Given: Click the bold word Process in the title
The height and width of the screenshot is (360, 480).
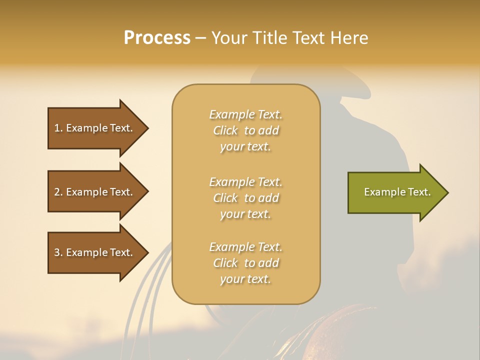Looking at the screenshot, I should (x=157, y=38).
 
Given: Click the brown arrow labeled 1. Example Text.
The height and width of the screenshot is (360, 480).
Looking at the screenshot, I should (x=95, y=128).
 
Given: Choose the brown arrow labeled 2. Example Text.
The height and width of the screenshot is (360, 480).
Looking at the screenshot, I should (x=95, y=192).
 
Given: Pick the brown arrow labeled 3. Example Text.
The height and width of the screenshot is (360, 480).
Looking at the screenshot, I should (x=95, y=252).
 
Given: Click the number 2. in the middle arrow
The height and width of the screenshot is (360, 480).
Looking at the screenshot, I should (x=58, y=192).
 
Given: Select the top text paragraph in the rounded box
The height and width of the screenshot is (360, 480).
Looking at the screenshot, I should (x=245, y=130).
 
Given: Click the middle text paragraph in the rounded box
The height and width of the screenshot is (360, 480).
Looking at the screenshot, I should (x=245, y=198).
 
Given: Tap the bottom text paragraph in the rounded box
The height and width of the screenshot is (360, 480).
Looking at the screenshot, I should (x=245, y=263).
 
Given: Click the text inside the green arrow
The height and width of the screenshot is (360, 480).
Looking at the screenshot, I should (x=397, y=192).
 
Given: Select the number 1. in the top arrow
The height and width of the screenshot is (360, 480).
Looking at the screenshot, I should (x=58, y=128).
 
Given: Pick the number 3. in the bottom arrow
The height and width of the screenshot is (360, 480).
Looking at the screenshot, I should (x=58, y=252).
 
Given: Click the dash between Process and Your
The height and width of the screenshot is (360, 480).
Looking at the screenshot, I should (x=200, y=38).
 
